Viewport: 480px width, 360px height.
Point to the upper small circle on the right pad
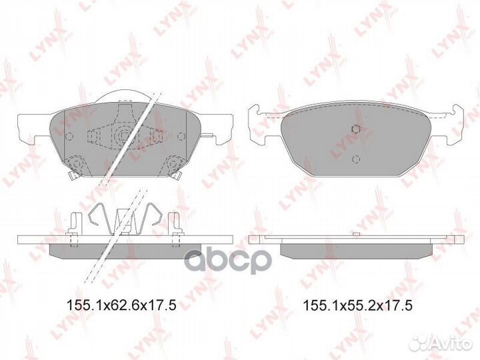pos(355,129)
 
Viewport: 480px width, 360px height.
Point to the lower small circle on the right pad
pos(355,159)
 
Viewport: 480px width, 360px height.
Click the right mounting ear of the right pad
pos(453,125)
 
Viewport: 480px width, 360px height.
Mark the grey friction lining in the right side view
pos(355,249)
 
